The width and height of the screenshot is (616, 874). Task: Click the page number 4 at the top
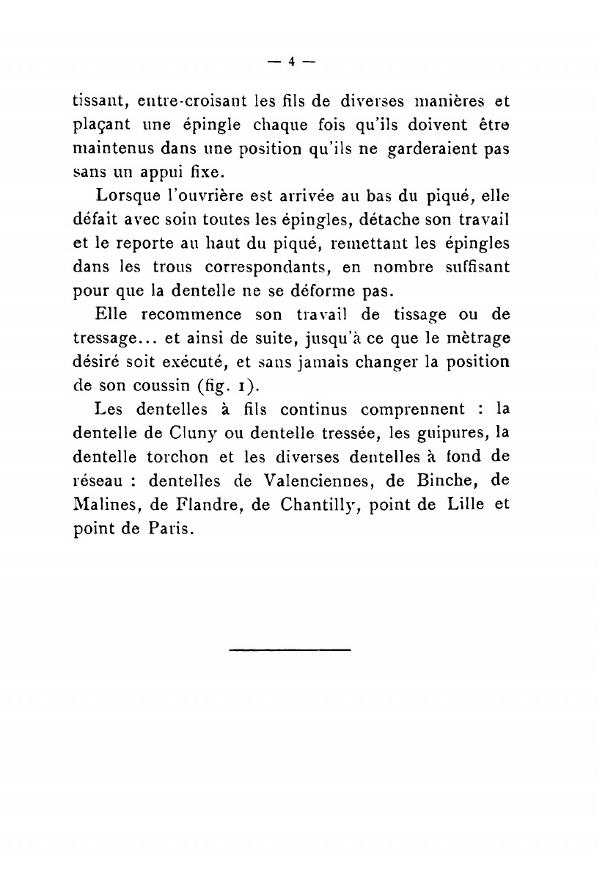(x=290, y=62)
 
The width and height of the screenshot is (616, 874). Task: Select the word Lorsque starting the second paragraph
(x=125, y=197)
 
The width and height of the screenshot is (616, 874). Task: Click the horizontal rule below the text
(x=290, y=649)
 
